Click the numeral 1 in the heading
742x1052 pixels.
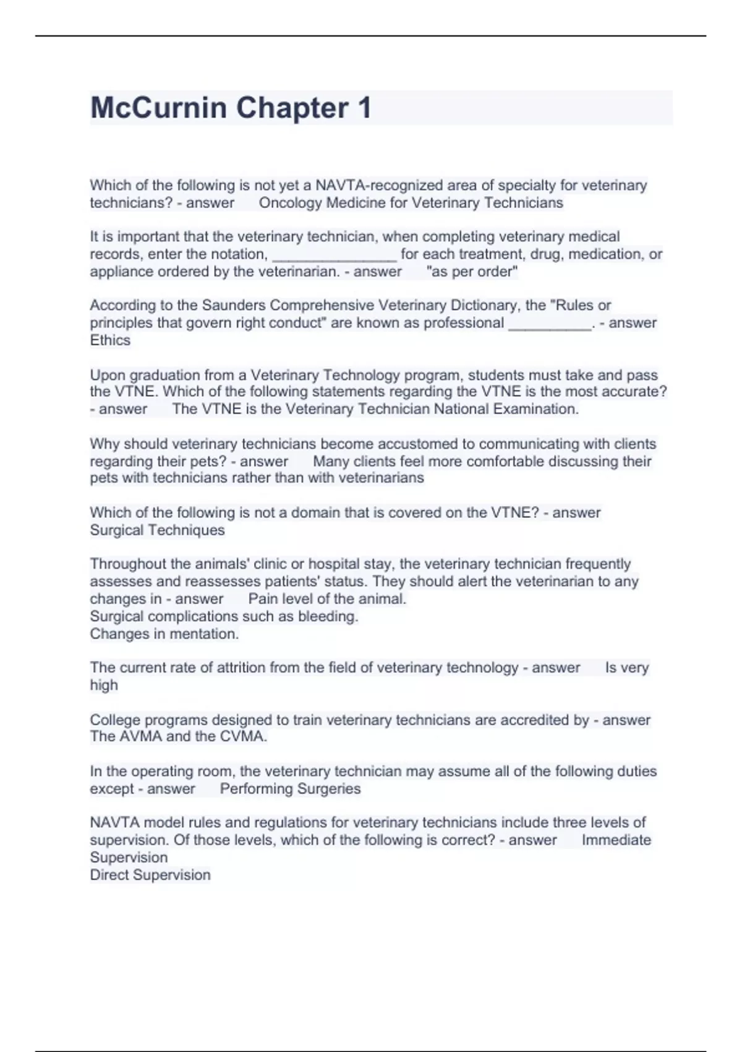(x=364, y=108)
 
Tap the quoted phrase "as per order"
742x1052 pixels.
(x=472, y=272)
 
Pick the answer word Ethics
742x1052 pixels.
(x=110, y=340)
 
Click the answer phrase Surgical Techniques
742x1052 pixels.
(x=157, y=530)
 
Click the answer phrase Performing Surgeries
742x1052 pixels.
(x=290, y=789)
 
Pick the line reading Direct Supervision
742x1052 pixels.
(x=150, y=875)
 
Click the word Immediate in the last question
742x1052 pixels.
(x=616, y=840)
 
